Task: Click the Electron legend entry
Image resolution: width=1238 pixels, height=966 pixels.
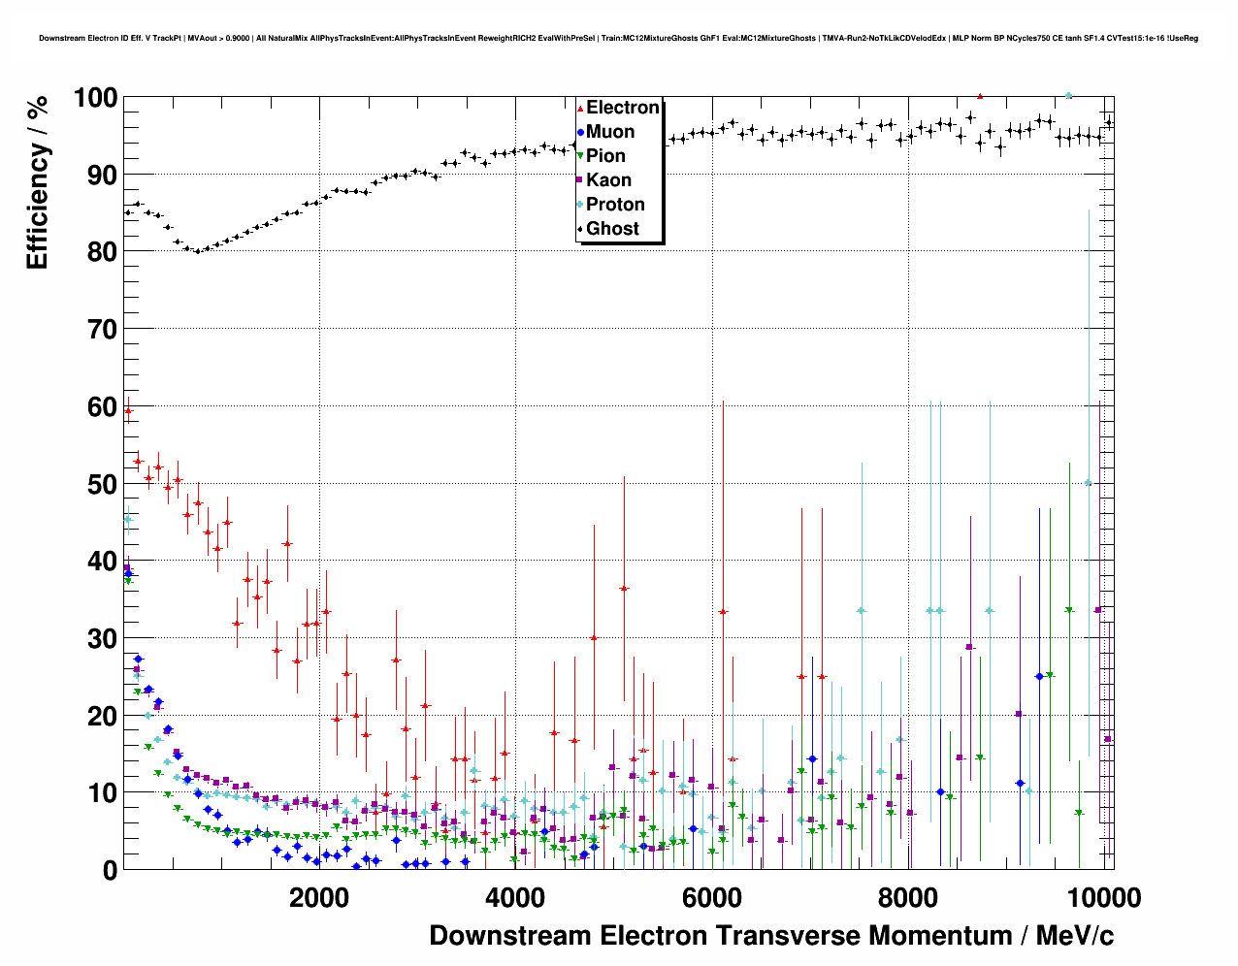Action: point(622,108)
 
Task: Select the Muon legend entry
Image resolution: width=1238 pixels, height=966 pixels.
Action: point(609,132)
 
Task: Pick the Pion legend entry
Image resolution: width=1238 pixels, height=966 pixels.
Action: point(605,156)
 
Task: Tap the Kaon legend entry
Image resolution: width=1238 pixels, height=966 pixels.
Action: point(608,180)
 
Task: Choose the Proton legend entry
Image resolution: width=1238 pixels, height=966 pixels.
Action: point(615,205)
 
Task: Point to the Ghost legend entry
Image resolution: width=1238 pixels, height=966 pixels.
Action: point(612,229)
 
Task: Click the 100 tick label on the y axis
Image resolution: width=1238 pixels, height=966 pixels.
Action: point(95,98)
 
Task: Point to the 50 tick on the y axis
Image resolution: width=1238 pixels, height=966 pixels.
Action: point(102,484)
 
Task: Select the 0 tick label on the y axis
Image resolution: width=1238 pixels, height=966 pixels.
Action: point(110,870)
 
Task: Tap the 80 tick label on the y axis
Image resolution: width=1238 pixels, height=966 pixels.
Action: point(102,252)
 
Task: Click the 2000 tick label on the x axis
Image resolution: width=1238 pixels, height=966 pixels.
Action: point(319,898)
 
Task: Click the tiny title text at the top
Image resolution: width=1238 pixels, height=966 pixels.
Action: point(618,39)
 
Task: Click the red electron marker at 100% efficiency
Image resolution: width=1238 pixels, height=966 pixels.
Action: point(980,96)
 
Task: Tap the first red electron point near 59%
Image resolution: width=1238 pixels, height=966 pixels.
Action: point(128,410)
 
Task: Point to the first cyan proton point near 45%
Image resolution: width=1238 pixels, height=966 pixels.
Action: point(127,519)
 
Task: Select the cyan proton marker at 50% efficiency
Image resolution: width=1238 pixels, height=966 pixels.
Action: point(1089,483)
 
